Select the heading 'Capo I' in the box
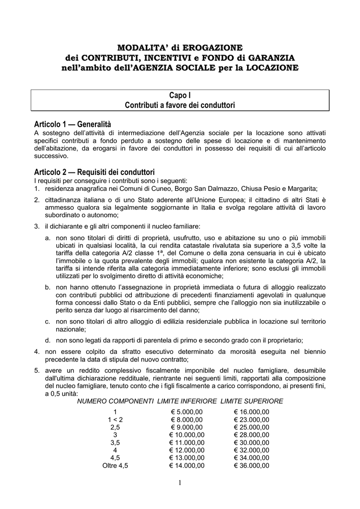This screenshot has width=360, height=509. pos(180,95)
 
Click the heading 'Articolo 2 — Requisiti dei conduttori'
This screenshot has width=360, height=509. pos(95,171)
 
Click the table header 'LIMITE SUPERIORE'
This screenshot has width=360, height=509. pos(252,401)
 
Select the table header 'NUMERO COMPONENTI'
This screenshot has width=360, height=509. pos(115,401)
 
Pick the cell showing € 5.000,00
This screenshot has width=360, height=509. pos(187,412)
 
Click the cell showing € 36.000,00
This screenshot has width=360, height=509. pos(252,466)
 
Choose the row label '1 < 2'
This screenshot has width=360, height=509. pos(115,420)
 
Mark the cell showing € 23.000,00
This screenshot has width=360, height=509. pos(252,420)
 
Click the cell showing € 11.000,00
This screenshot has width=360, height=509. pos(187,442)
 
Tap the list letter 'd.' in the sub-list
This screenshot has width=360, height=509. pos(48,340)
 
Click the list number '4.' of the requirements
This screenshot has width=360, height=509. pos(37,351)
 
